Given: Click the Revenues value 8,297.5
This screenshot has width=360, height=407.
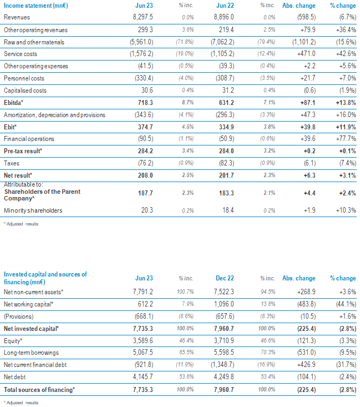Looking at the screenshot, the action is [143, 17].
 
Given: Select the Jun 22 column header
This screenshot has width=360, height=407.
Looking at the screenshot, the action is [225, 6].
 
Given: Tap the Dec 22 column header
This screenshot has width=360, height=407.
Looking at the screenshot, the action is [225, 278].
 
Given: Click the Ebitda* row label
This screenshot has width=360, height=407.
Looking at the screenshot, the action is [13, 103].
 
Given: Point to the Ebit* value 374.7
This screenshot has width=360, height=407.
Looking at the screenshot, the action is [145, 127].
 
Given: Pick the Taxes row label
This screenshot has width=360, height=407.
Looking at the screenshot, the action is [12, 163].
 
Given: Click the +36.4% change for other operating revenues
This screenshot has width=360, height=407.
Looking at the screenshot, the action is [346, 29].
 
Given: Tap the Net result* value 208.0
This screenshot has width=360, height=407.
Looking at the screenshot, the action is [145, 175].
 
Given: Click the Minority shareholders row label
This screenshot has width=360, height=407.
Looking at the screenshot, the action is [33, 210].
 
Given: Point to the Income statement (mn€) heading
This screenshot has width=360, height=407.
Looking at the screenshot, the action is [36, 6].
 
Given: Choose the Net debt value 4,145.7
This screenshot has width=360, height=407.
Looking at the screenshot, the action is [143, 377].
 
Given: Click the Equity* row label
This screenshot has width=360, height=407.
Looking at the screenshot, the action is [13, 341].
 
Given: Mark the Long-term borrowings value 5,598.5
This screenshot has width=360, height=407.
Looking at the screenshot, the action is [224, 353].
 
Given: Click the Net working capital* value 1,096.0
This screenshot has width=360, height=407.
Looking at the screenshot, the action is [224, 304].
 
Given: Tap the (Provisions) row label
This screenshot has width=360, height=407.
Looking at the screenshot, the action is [19, 316].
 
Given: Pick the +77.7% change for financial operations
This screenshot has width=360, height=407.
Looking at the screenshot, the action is [346, 139].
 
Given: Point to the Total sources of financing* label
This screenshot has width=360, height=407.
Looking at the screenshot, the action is [39, 390].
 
